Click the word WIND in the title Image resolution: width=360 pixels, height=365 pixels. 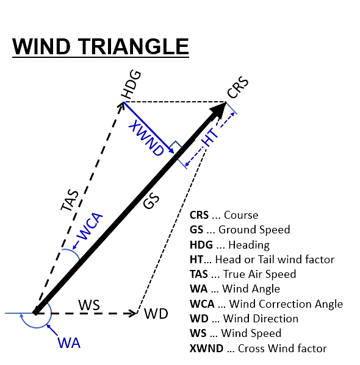(x=41, y=46)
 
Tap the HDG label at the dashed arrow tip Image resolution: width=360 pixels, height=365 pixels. (x=131, y=84)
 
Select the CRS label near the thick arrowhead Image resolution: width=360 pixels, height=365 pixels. (x=238, y=87)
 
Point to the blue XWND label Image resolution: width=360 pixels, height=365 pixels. (x=146, y=137)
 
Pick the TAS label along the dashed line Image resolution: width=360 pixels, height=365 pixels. (x=70, y=200)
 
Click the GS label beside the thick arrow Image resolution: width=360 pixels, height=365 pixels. (x=151, y=201)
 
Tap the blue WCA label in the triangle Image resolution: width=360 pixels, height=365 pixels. (x=90, y=226)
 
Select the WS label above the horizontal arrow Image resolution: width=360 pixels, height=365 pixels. (x=89, y=305)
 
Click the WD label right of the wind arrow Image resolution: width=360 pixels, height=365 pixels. (x=156, y=314)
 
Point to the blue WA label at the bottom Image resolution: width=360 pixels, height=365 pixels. (x=69, y=343)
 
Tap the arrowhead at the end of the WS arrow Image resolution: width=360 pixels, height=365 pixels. (x=134, y=313)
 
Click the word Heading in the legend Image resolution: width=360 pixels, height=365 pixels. (x=249, y=245)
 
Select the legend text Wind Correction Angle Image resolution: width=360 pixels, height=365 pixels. (x=286, y=304)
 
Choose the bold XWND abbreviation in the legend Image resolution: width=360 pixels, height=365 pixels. (x=206, y=349)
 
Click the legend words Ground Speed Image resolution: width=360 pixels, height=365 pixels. (x=254, y=230)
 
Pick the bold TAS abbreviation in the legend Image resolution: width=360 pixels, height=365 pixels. (x=199, y=274)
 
